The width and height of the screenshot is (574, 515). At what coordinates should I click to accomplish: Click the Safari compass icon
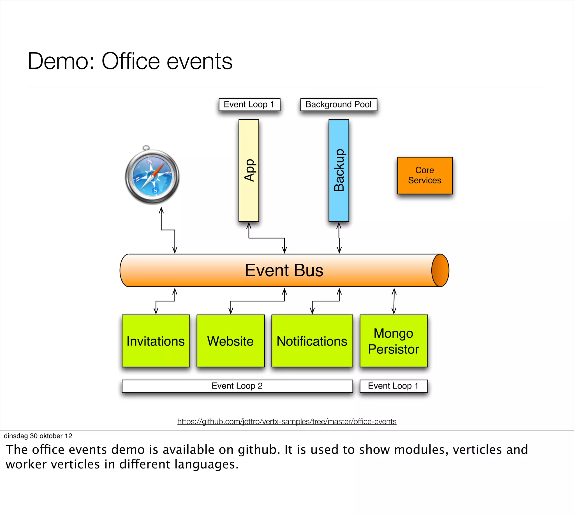tap(152, 176)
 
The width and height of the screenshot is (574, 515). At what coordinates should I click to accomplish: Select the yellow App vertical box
tap(249, 170)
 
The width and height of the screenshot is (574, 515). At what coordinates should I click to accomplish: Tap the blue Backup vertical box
tap(339, 170)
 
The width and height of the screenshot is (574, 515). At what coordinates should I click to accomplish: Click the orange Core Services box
tap(425, 175)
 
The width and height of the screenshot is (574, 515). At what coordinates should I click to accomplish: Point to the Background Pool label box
tap(339, 104)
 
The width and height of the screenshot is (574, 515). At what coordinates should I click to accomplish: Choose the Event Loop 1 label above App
tap(249, 104)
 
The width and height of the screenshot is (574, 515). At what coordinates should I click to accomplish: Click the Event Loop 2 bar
tap(237, 386)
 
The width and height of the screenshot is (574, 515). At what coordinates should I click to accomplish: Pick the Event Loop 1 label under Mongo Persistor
tap(393, 386)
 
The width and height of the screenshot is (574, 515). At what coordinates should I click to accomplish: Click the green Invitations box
tap(156, 341)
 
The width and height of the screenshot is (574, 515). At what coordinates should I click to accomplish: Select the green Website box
tap(230, 341)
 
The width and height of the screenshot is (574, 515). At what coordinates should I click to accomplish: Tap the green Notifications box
tap(312, 341)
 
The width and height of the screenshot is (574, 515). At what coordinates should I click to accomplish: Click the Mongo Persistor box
tap(393, 341)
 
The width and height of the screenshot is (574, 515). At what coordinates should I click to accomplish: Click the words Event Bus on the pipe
tap(284, 270)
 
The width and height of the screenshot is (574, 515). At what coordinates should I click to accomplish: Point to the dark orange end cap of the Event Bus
tap(440, 270)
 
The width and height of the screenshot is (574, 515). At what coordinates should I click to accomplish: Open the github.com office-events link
tap(287, 421)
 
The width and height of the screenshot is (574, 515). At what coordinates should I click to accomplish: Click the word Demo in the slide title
tap(61, 61)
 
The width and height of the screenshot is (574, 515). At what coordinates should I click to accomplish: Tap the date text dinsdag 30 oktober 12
tap(38, 436)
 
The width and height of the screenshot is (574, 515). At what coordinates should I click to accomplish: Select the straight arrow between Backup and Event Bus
tap(339, 238)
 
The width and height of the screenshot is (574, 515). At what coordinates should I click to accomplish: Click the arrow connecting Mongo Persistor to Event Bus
tap(394, 301)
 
